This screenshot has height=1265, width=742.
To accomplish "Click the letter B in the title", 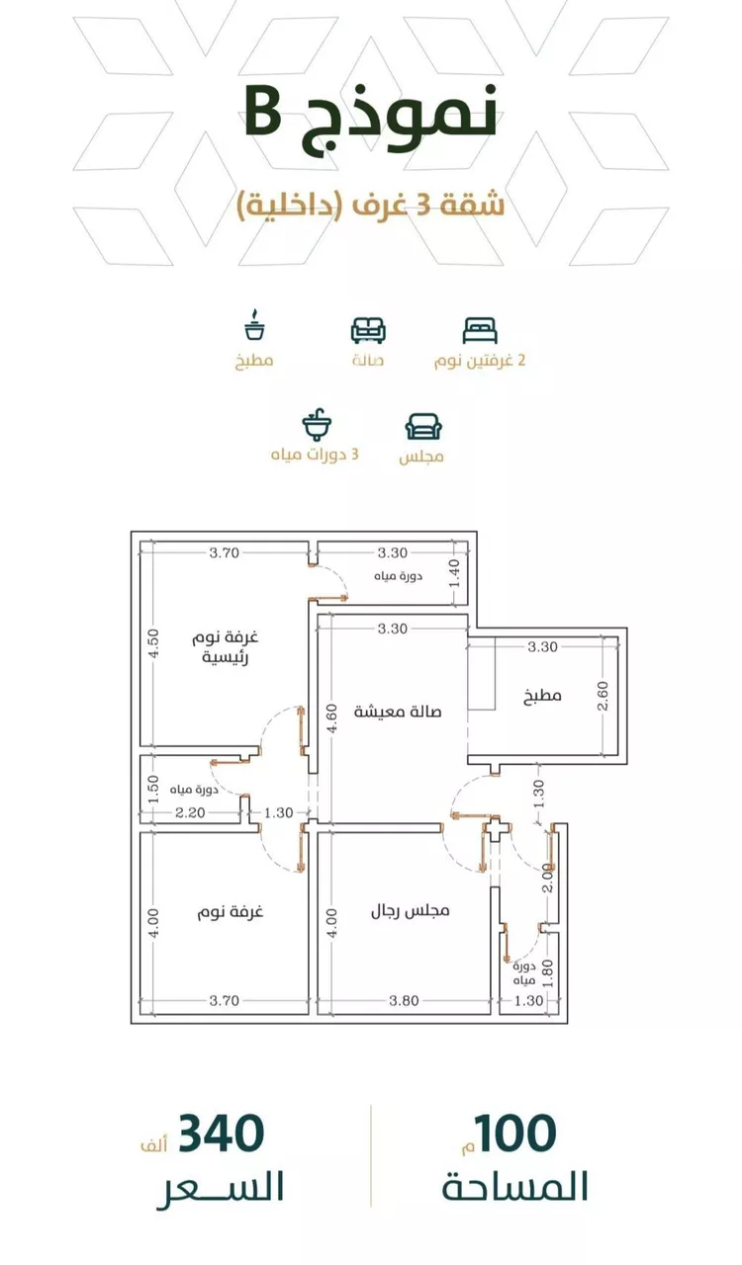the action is tap(264, 113).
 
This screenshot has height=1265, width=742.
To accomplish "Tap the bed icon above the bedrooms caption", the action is tap(480, 330).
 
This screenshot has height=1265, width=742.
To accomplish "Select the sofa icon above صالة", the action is tap(368, 330).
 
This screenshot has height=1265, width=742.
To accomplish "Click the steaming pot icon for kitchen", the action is tap(255, 325).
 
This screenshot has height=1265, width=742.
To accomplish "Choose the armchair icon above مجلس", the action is tap(423, 427).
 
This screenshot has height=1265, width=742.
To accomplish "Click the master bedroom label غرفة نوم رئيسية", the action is tap(226, 647).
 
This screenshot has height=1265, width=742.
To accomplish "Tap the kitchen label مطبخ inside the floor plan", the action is tap(542, 695).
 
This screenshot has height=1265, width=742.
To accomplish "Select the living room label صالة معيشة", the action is tap(398, 712).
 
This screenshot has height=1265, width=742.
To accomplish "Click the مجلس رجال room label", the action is tap(410, 910).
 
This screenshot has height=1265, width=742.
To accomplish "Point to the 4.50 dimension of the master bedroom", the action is tap(153, 643).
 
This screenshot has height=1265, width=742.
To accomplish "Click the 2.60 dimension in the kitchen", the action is tap(603, 697).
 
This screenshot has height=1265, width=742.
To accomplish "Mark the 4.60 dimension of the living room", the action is tap(332, 718).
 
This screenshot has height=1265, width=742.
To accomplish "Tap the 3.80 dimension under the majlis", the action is tap(404, 1001).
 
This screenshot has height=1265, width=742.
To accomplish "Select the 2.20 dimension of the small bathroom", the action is tap(190, 812).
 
